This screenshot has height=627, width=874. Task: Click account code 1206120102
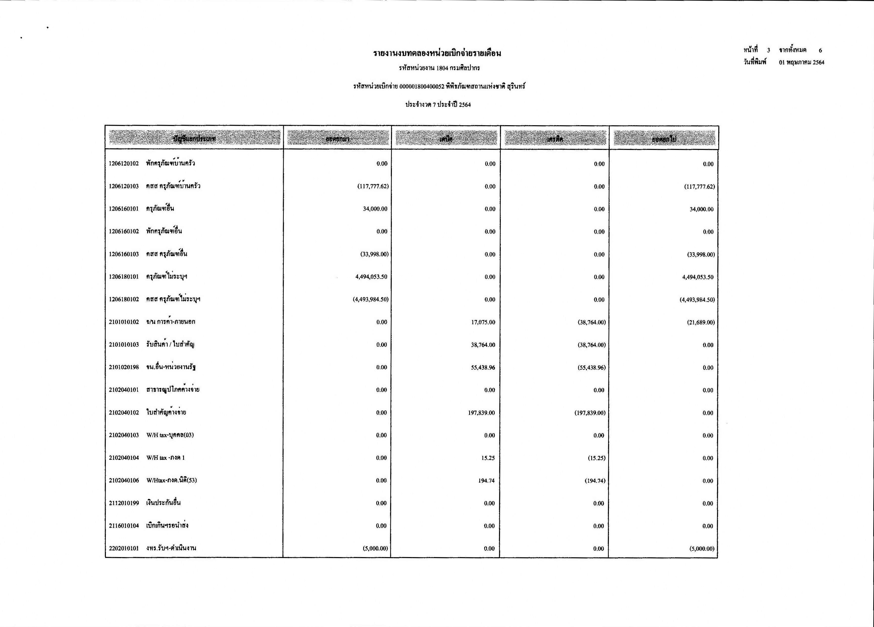click(x=124, y=164)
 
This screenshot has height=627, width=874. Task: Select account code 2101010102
click(x=124, y=322)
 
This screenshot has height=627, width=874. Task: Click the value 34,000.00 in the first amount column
click(x=375, y=209)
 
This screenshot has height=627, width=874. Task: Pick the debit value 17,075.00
click(x=483, y=322)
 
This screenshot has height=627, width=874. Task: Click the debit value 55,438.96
click(x=483, y=368)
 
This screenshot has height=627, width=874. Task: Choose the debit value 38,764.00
click(x=483, y=345)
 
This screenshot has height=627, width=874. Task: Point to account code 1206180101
click(x=124, y=277)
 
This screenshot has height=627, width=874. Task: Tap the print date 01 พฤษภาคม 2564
click(x=801, y=62)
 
